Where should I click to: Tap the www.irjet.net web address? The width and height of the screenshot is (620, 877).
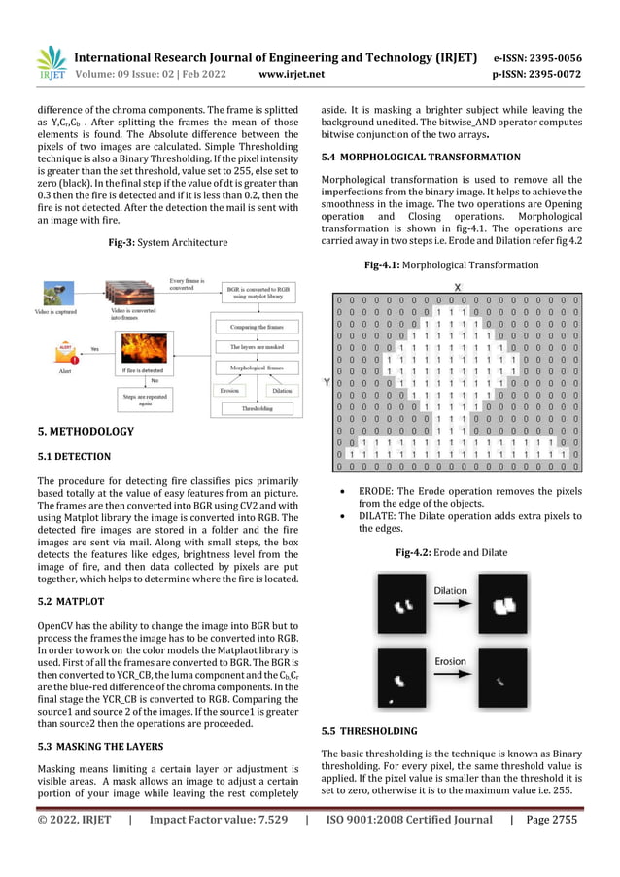291,72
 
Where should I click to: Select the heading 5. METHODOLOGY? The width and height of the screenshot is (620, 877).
86,431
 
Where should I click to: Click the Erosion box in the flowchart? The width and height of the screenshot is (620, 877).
229,389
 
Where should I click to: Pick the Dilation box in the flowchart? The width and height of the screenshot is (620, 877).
281,389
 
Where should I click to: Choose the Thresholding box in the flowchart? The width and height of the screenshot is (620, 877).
257,409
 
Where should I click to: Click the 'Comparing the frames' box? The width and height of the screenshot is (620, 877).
257,327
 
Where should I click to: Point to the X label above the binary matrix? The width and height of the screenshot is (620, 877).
458,287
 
